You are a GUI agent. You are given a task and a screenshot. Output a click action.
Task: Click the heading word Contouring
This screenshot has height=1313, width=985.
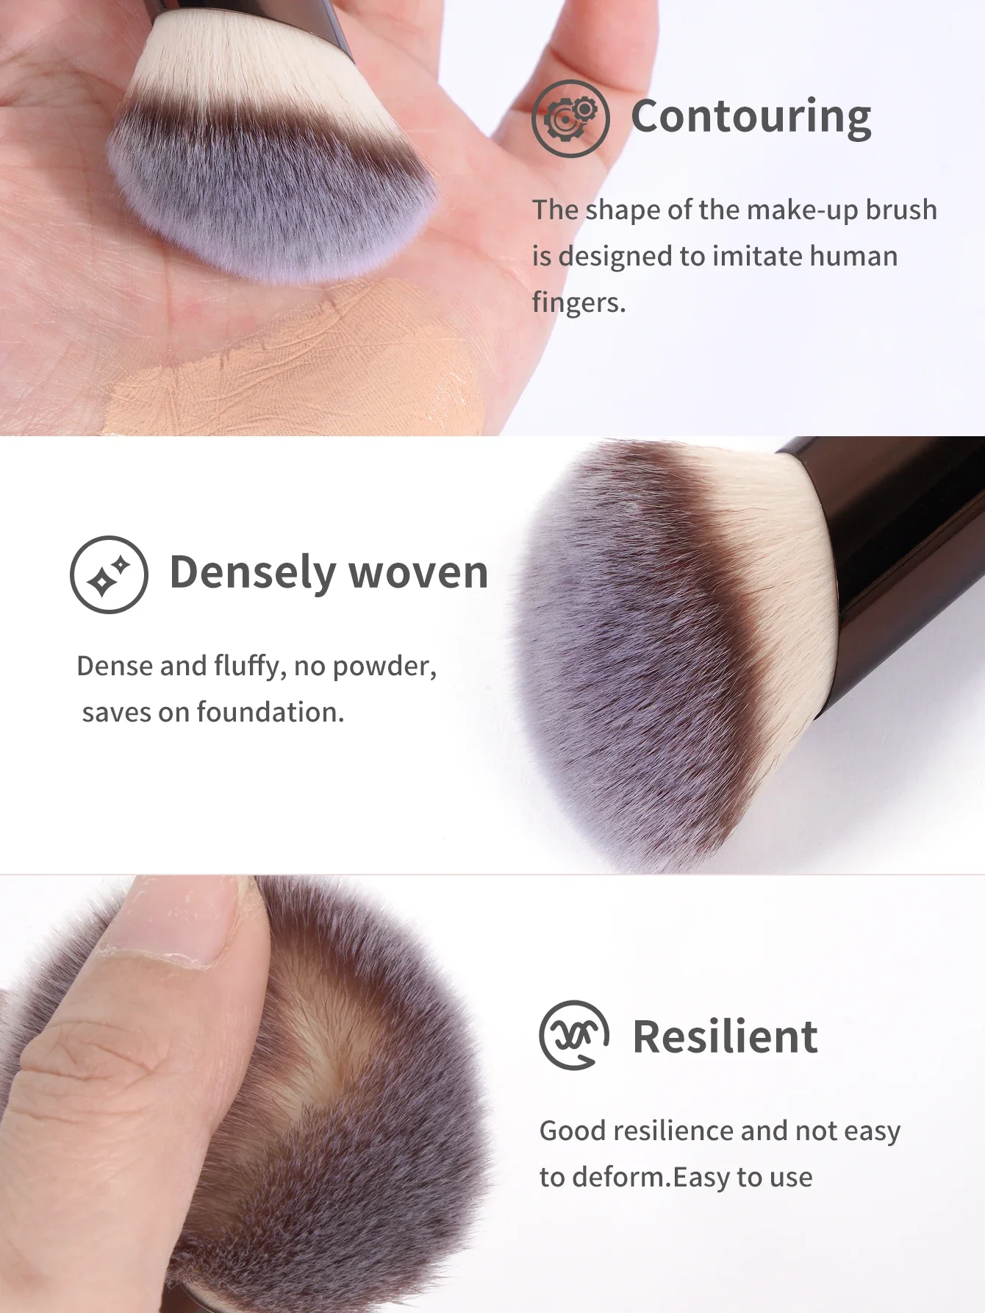click(x=751, y=118)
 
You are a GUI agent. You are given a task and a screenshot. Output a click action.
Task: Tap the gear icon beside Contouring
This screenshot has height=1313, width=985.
click(x=570, y=118)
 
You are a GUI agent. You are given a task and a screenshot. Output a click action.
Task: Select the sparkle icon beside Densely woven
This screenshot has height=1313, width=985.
click(x=109, y=574)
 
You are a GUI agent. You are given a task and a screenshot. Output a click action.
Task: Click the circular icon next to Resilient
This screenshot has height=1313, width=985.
click(x=574, y=1035)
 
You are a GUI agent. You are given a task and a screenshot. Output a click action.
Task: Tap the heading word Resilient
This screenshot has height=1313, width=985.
click(x=725, y=1036)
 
